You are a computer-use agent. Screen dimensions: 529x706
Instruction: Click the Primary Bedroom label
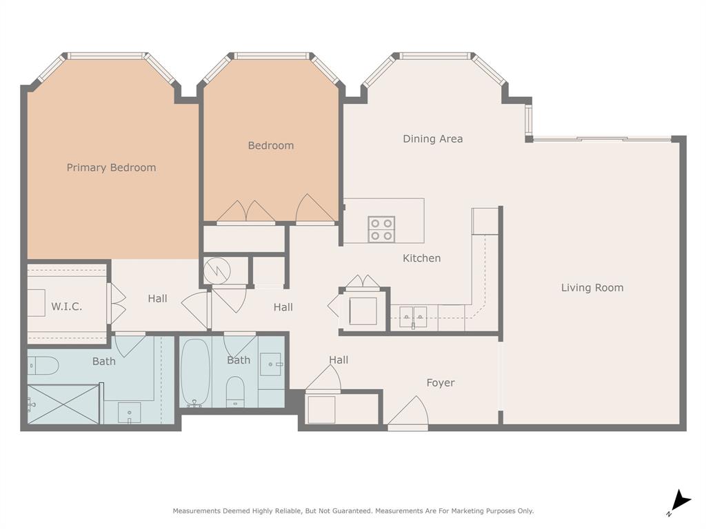point(111,167)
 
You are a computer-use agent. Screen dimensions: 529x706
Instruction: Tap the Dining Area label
point(432,139)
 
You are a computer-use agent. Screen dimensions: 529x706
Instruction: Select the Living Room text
point(592,288)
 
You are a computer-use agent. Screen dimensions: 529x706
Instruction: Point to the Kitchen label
point(421,258)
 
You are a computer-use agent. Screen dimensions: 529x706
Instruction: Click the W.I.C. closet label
point(66,307)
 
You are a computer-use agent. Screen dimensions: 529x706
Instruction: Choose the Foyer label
point(440,383)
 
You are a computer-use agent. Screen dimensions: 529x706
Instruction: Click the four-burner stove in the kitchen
point(381,229)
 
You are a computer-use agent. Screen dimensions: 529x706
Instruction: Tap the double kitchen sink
point(413,318)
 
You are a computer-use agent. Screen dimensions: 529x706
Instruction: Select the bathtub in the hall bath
point(195,371)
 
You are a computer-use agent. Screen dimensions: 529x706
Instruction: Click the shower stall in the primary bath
point(63,404)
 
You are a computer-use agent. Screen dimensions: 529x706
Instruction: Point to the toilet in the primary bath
point(43,365)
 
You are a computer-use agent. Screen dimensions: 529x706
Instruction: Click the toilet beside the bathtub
point(235,391)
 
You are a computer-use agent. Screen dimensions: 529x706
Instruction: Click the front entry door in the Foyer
point(407,413)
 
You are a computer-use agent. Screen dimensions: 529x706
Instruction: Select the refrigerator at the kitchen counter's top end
point(485,220)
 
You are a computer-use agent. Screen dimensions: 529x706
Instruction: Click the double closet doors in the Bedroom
point(245,213)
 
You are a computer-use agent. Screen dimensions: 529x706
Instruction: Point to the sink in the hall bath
point(272,364)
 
